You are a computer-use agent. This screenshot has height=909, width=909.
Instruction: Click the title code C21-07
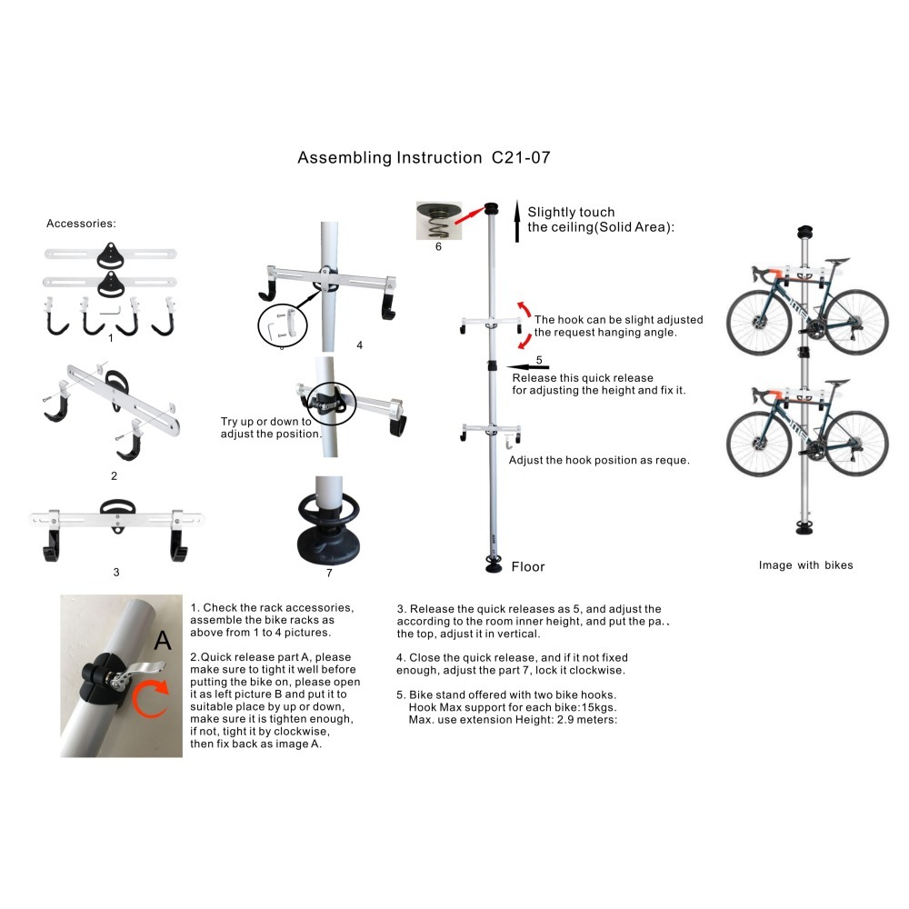tap(521, 157)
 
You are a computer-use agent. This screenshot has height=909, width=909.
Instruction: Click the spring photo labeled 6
tap(439, 221)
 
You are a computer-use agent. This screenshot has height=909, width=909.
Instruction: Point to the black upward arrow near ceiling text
tap(517, 221)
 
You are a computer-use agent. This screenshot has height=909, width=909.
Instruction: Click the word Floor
tap(528, 567)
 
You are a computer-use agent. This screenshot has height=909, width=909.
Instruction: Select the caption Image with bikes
tap(805, 565)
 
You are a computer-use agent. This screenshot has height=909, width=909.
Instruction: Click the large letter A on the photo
tap(163, 641)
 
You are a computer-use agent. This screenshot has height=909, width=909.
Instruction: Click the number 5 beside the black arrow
tap(539, 360)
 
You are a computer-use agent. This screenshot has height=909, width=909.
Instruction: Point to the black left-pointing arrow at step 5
tap(527, 367)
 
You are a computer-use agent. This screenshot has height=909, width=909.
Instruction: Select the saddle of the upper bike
tap(836, 262)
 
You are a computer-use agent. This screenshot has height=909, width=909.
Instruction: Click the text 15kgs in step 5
tap(599, 707)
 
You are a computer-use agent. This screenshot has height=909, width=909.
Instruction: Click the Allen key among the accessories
tap(110, 311)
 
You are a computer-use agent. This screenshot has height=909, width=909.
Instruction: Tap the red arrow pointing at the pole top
tap(469, 215)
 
